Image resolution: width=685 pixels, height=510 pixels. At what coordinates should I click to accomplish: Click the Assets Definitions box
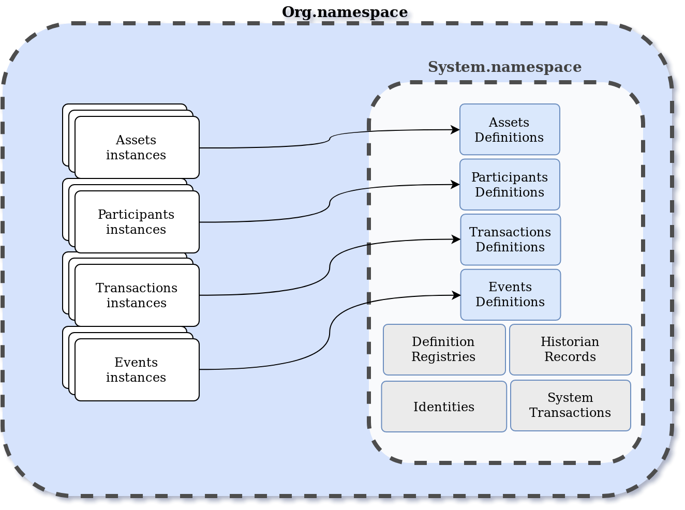510,130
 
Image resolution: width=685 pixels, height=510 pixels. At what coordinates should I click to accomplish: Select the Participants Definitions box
510,185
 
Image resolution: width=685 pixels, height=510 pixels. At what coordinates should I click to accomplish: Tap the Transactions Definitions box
510,239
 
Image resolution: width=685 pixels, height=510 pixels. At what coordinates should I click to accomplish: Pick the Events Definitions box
510,295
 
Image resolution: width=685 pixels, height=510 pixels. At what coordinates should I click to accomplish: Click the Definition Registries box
444,350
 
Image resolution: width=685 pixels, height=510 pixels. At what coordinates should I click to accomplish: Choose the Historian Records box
570,350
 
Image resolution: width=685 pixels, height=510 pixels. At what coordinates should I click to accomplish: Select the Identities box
444,407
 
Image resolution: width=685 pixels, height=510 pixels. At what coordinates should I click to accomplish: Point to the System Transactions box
570,406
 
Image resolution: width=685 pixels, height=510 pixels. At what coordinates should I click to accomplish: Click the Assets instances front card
137,148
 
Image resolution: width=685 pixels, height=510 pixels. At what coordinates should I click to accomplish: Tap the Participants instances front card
137,222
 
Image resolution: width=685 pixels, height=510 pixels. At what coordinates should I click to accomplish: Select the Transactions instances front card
137,295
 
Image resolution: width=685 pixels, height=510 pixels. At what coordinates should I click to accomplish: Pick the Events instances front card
137,370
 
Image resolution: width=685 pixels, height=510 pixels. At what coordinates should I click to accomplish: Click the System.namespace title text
504,67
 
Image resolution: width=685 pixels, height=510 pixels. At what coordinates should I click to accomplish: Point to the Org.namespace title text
347,12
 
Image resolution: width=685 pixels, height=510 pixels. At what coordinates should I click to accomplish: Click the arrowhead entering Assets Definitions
456,130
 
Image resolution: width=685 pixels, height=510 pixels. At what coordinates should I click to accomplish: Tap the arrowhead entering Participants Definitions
456,185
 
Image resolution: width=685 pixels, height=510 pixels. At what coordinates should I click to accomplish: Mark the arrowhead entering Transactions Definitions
456,239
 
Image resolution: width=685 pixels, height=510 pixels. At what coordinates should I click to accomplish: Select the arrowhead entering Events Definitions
456,295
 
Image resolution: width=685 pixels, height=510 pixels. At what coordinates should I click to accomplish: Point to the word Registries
443,357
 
